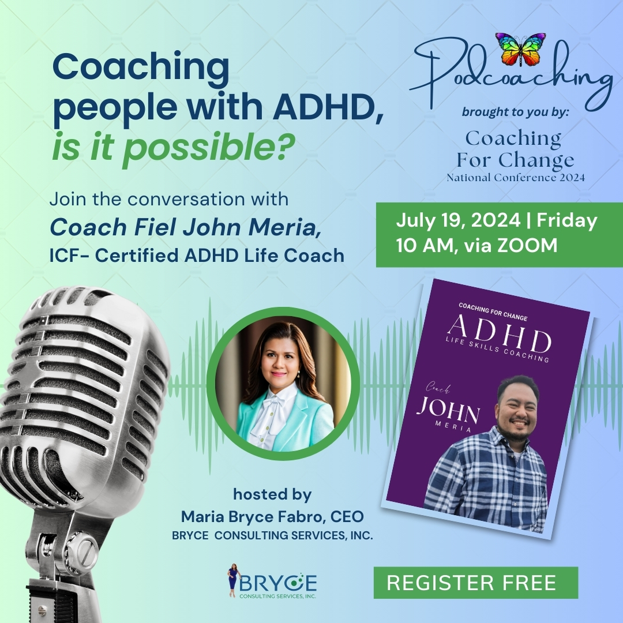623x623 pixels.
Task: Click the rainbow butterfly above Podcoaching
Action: (520, 49)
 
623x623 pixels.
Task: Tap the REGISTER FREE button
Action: (475, 583)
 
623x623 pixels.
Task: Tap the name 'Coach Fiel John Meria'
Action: (186, 227)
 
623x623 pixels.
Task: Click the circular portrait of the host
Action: (283, 384)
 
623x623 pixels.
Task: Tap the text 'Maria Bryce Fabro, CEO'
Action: (272, 516)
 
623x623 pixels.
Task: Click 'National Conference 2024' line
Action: (516, 177)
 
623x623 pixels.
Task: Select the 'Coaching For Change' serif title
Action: (515, 149)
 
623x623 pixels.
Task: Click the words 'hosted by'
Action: (272, 494)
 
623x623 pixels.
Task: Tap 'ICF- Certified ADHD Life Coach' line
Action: (197, 256)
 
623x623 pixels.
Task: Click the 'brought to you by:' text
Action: (515, 112)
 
